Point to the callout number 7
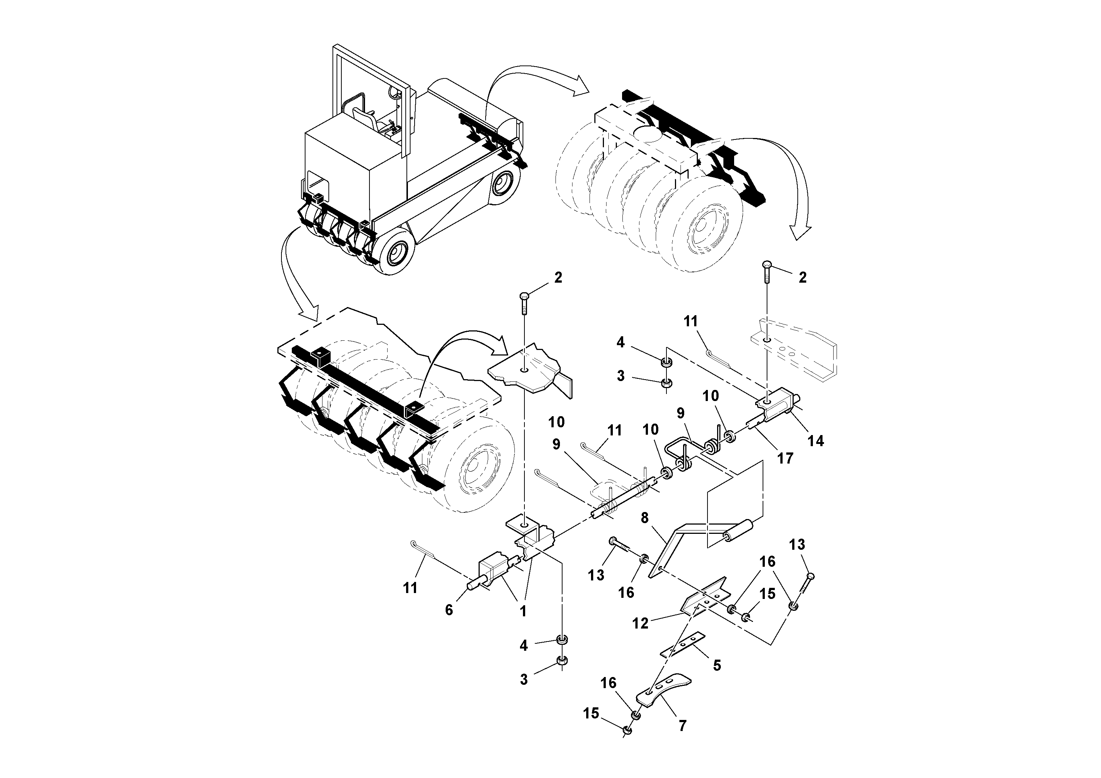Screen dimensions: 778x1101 (x=682, y=725)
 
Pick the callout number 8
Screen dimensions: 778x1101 (x=645, y=518)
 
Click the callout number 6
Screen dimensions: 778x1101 (x=449, y=610)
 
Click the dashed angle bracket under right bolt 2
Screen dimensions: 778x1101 (x=796, y=353)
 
